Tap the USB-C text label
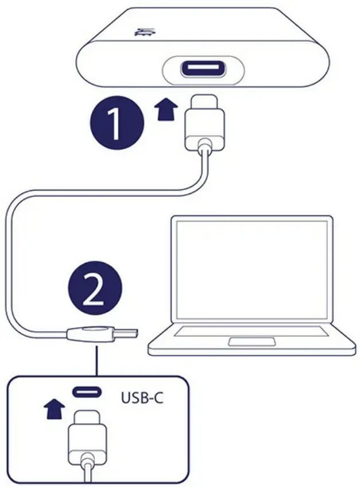coord(142,397)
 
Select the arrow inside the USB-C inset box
coord(54,409)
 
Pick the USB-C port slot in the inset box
coord(87,393)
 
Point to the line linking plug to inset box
coord(96,361)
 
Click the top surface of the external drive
coord(201,29)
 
